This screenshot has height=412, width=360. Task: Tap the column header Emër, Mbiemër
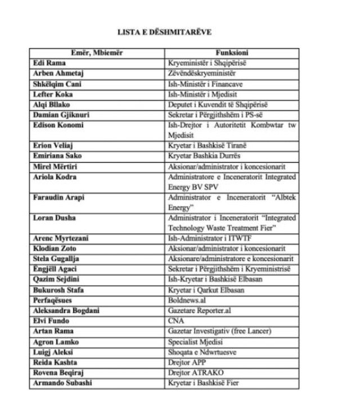pos(96,53)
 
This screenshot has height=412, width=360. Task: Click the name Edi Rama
pos(48,63)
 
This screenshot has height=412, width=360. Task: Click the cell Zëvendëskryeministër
pos(201,73)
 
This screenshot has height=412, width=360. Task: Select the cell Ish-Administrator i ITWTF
pos(205,238)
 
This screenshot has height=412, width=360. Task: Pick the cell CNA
pos(175,320)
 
